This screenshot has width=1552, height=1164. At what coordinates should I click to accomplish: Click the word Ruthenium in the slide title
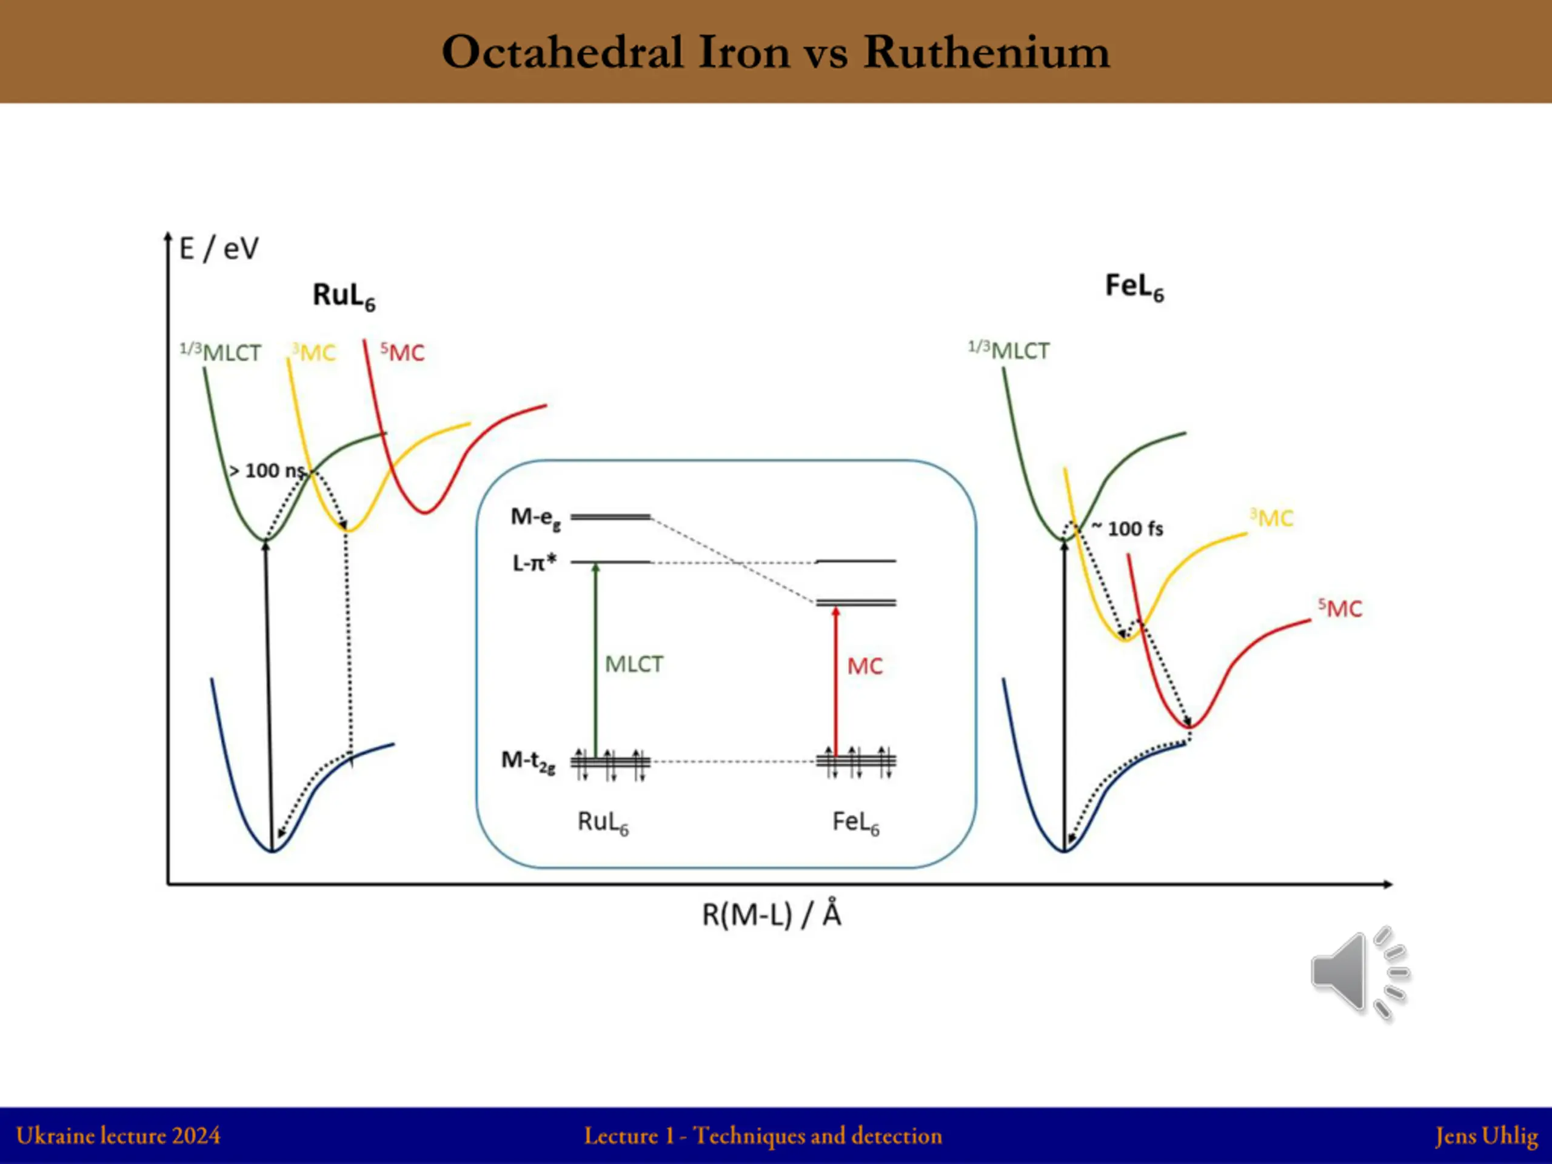(x=986, y=53)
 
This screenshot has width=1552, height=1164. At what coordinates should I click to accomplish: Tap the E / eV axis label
(x=219, y=249)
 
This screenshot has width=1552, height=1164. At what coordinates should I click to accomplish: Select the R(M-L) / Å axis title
(x=771, y=914)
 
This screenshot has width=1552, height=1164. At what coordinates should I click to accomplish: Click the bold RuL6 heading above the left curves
(x=343, y=295)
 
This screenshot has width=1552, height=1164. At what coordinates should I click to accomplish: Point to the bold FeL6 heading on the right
(x=1134, y=287)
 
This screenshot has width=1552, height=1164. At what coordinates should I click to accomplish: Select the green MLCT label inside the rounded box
(x=634, y=664)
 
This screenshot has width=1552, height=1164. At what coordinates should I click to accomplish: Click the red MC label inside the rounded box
(x=865, y=666)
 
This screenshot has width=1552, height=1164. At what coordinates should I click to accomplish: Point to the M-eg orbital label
(x=535, y=518)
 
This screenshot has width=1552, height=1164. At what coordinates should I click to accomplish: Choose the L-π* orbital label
(x=534, y=563)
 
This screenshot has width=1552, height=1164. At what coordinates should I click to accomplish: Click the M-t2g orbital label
(x=528, y=761)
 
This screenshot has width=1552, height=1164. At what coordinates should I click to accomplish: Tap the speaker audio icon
(x=1359, y=973)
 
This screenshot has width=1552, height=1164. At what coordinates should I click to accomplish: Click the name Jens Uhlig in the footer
(x=1486, y=1136)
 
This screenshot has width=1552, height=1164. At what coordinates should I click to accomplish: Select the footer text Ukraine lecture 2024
(x=118, y=1136)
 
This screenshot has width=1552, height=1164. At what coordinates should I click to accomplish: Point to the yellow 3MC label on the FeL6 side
(x=1271, y=518)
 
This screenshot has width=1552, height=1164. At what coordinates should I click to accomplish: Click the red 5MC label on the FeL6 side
(x=1339, y=608)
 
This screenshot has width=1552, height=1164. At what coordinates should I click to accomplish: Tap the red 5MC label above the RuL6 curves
(x=402, y=352)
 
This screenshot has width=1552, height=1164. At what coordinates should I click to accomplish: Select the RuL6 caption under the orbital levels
(x=603, y=821)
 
